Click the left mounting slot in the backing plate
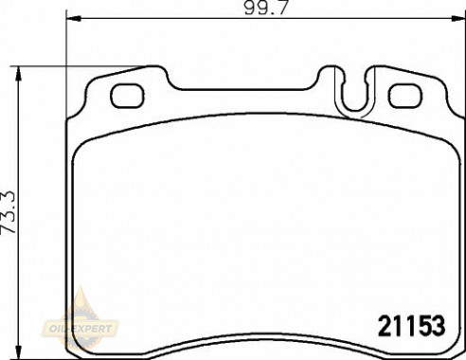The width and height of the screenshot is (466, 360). click(x=127, y=96)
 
